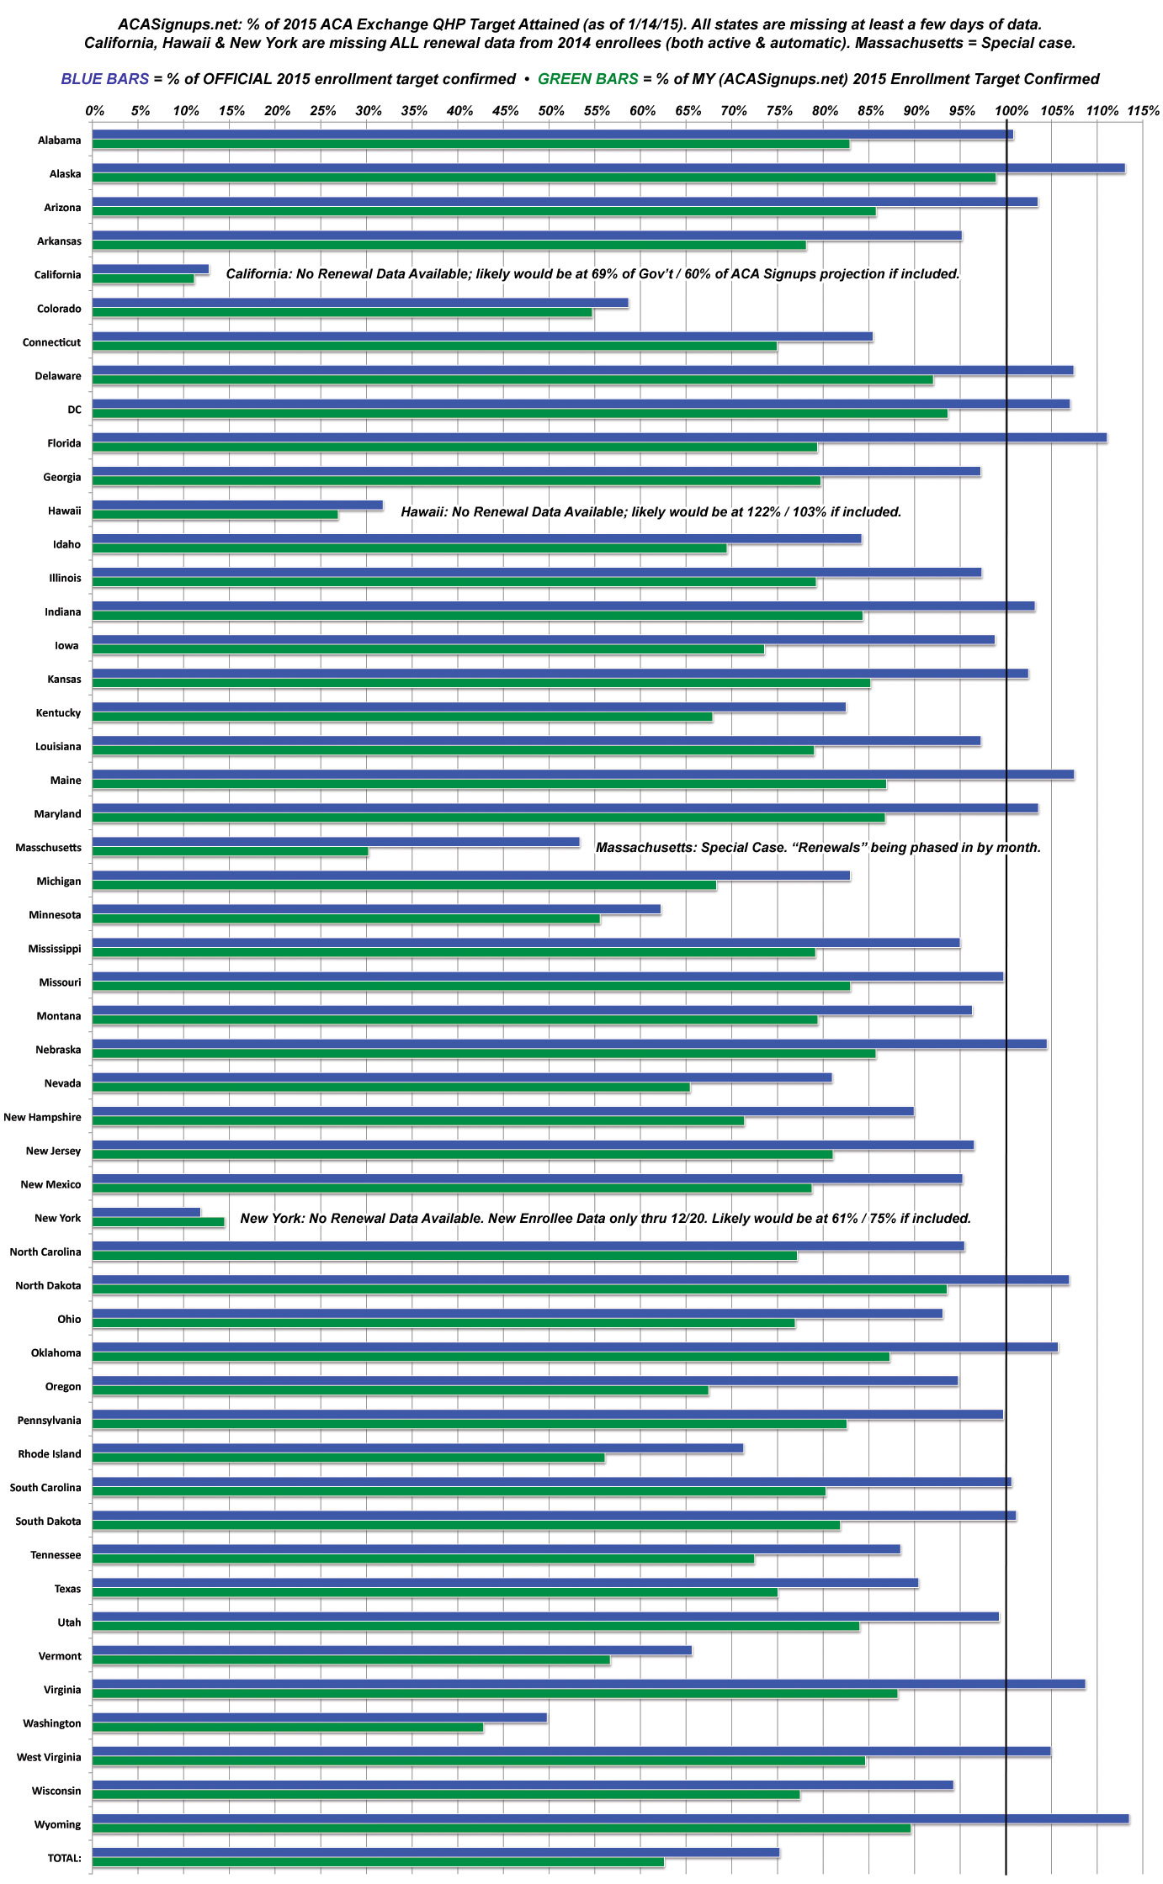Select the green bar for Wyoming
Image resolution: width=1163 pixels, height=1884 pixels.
[x=501, y=1828]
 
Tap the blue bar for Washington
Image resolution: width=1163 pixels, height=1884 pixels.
[x=319, y=1717]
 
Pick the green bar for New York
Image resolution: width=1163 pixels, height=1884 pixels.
[x=157, y=1222]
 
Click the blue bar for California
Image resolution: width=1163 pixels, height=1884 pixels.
[x=150, y=269]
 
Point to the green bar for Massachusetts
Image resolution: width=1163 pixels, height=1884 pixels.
[x=230, y=852]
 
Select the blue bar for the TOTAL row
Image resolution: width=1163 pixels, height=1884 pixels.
[x=435, y=1852]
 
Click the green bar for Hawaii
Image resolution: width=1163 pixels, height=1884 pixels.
[x=215, y=515]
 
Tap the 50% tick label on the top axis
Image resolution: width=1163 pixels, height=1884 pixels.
[x=550, y=111]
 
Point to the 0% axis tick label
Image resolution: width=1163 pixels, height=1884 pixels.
[x=95, y=111]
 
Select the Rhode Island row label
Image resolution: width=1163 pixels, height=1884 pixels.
[x=50, y=1453]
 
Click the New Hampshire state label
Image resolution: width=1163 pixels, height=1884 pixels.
[x=42, y=1117]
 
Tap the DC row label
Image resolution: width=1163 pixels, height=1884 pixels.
[x=75, y=410]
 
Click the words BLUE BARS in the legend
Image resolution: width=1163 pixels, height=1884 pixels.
[x=104, y=79]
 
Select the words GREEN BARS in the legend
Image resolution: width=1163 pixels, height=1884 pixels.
[x=587, y=79]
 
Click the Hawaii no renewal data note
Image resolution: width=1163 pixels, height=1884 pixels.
[x=651, y=511]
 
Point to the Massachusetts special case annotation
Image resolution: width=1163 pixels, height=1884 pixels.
[x=818, y=847]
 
